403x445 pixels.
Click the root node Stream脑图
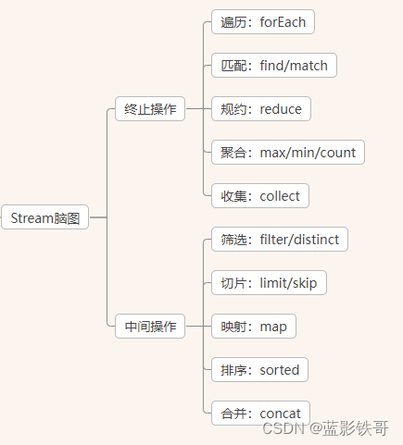pyautogui.click(x=45, y=218)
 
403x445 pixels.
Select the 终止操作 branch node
pyautogui.click(x=150, y=109)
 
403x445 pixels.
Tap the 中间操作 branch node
pyautogui.click(x=150, y=326)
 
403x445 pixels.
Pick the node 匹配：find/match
pyautogui.click(x=273, y=66)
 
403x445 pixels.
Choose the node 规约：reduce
pyautogui.click(x=261, y=109)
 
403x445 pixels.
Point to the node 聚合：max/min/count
pyautogui.click(x=288, y=153)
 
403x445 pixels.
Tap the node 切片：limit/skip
pyautogui.click(x=269, y=283)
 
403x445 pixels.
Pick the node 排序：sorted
pyautogui.click(x=259, y=370)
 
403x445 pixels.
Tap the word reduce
pyautogui.click(x=281, y=109)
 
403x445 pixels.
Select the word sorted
pyautogui.click(x=279, y=370)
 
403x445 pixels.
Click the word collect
pyautogui.click(x=280, y=196)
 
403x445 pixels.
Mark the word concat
pyautogui.click(x=280, y=413)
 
